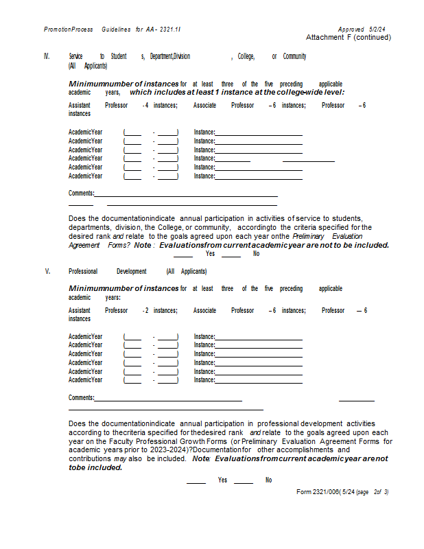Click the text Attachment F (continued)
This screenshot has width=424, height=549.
point(349,37)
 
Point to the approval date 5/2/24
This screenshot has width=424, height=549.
point(378,30)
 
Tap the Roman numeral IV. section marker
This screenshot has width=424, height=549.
point(47,56)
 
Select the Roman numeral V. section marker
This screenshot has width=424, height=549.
point(47,272)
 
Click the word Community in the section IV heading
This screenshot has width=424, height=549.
point(294,56)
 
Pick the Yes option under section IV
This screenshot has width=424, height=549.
point(210,254)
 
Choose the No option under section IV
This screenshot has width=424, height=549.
point(256,254)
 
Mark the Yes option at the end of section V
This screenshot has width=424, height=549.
point(223,480)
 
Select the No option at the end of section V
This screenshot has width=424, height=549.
point(269,480)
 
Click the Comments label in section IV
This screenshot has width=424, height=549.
point(81,194)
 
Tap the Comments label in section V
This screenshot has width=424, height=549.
point(81,398)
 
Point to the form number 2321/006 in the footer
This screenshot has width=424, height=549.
point(321,492)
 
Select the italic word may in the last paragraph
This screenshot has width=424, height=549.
point(120,458)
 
